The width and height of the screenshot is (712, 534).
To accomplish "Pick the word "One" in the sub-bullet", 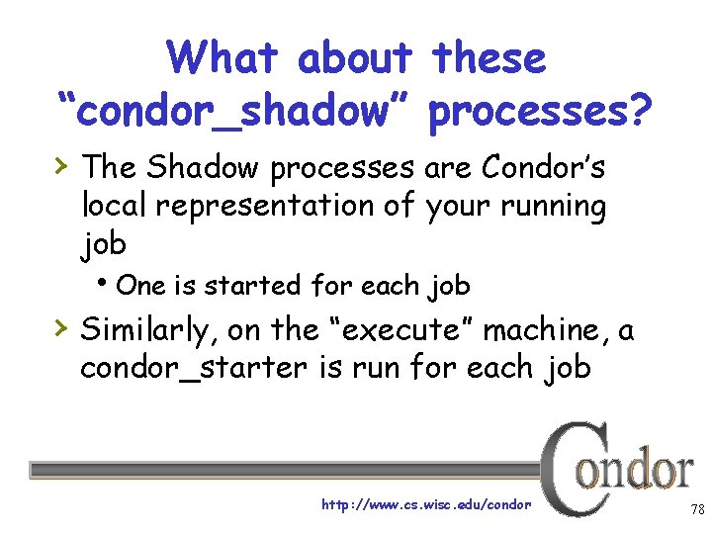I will tap(140, 286).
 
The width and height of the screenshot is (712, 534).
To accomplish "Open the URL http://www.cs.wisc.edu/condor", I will tap(426, 504).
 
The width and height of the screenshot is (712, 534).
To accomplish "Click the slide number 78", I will tap(697, 509).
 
